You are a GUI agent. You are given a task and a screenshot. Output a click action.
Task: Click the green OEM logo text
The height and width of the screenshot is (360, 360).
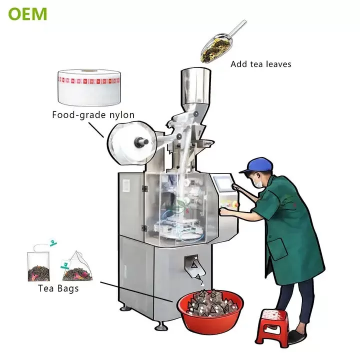pos(27,14)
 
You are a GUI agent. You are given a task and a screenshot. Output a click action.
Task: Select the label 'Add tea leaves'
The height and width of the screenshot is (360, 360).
pos(261,64)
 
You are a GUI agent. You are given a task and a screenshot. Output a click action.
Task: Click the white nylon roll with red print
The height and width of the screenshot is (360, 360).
pos(89,87)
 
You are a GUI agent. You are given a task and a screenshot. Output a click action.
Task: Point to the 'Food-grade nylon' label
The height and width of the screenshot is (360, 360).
pos(93,115)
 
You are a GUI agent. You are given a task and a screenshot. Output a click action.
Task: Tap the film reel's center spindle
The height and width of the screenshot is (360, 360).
pos(141,141)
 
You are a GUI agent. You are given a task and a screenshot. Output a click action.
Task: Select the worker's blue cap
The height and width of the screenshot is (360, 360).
pos(256,165)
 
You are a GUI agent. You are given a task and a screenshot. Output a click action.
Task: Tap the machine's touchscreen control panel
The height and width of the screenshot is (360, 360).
pos(222,182)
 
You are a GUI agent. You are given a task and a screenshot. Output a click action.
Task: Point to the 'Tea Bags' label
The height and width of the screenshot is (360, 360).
pos(58,288)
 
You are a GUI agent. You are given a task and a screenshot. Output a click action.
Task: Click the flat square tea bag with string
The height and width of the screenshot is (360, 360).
pos(38,266)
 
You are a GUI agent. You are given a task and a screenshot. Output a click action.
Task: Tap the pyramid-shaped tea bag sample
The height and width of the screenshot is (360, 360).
pos(77,267)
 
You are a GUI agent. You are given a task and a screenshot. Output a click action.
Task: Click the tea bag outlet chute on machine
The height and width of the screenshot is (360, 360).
pos(194,264)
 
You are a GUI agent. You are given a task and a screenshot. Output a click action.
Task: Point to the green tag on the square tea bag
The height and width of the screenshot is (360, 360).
pos(53,242)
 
